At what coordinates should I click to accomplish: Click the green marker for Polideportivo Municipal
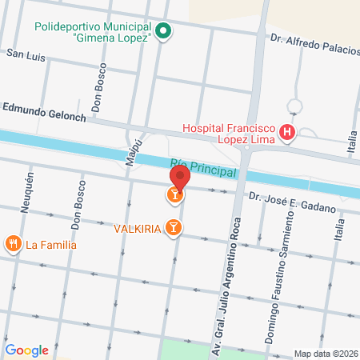click(x=163, y=32)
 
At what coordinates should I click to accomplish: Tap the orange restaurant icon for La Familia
click(x=13, y=243)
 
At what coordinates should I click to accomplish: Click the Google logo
click(x=26, y=350)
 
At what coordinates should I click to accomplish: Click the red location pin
click(x=179, y=176)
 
